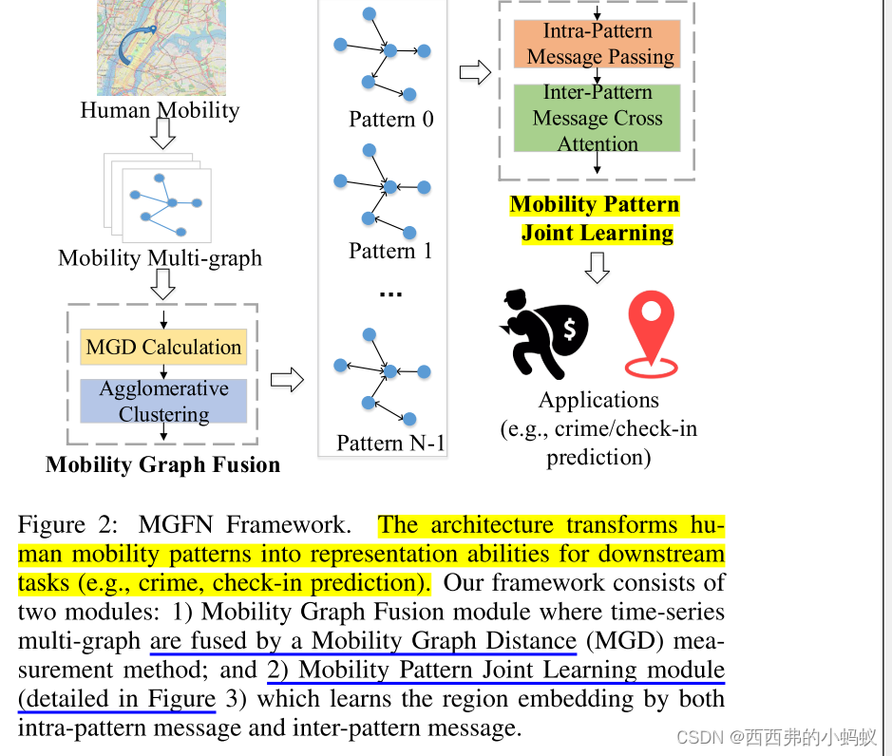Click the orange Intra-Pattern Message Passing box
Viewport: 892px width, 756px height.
[x=597, y=44]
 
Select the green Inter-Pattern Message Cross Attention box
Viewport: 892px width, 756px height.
[x=597, y=118]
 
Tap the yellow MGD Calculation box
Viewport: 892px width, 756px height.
[x=163, y=347]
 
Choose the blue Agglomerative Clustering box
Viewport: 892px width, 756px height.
[x=163, y=401]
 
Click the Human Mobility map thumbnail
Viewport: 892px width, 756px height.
[x=161, y=47]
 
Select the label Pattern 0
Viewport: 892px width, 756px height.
[x=390, y=120]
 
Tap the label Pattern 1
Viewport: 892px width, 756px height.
[x=390, y=251]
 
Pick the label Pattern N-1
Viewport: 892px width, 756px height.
[x=390, y=443]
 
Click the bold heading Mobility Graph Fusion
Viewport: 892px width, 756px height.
[x=162, y=464]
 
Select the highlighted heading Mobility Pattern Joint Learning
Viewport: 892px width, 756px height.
[x=596, y=219]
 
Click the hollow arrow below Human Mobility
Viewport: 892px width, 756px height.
[x=163, y=136]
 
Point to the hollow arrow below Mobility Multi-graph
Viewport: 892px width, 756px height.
[x=163, y=283]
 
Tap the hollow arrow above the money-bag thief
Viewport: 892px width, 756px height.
[x=597, y=269]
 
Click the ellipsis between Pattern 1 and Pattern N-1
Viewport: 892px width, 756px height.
[x=390, y=293]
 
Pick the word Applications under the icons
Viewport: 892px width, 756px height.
[x=598, y=400]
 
